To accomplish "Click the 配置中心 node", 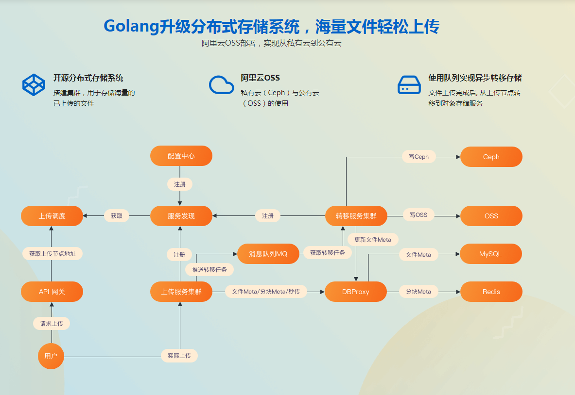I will (181, 156).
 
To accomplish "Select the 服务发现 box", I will (181, 216).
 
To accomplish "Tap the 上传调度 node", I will (52, 216).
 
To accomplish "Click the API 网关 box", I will (52, 292).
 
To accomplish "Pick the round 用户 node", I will (51, 356).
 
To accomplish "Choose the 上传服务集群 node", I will (181, 292).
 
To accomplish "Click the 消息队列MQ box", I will (268, 254).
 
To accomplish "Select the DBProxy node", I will (356, 292).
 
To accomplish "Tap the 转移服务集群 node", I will (356, 216).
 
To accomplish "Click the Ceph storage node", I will (491, 157).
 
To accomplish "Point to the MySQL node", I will (491, 254).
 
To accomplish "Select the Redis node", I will (491, 292).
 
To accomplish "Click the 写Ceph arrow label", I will (418, 157).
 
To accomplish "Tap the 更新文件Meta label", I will (373, 239).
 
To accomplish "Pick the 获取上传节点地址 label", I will (52, 253).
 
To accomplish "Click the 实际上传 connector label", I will (179, 356).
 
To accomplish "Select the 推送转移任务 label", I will (209, 269).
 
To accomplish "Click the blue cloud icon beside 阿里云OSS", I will (222, 84).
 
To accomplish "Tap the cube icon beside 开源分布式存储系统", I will (34, 84).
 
